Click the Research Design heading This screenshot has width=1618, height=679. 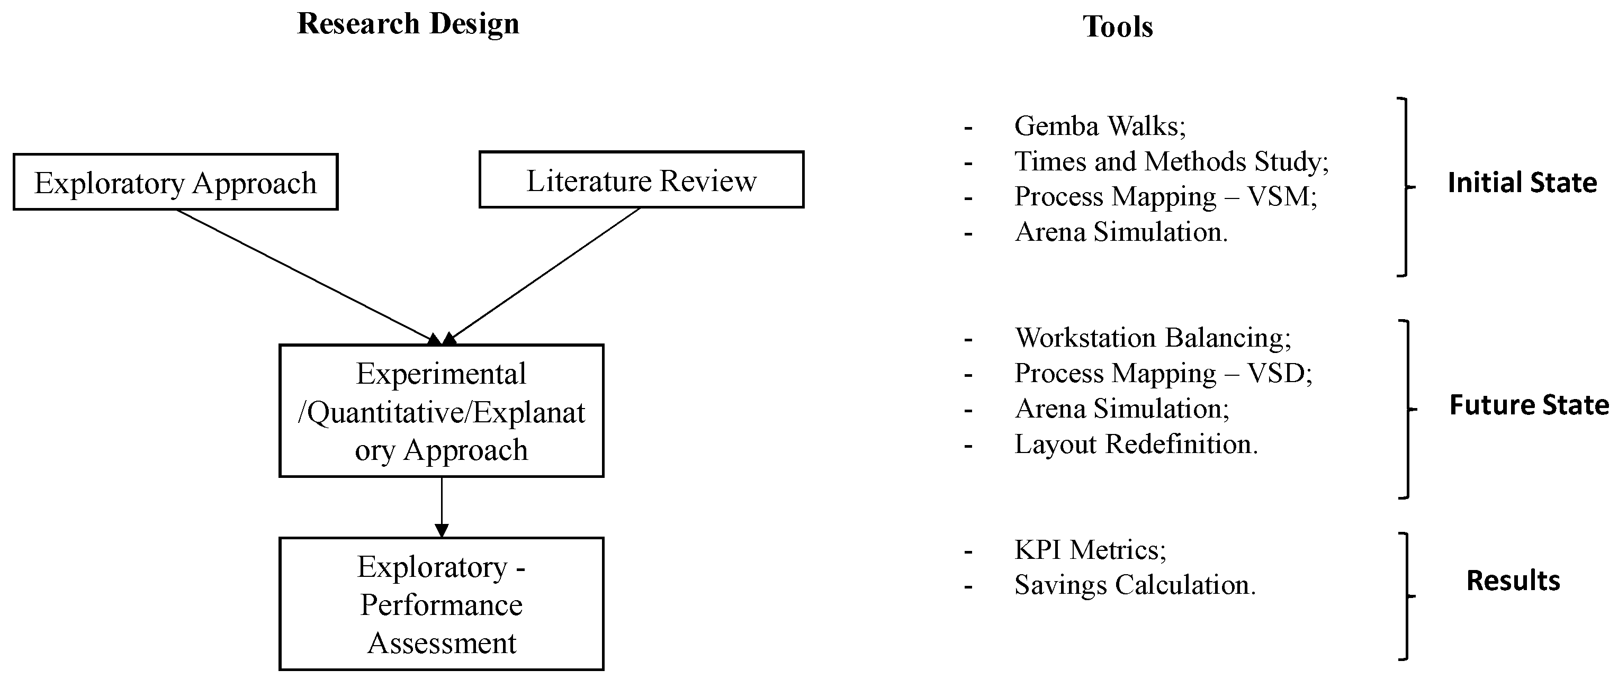pos(408,24)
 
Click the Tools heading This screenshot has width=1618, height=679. pos(1117,27)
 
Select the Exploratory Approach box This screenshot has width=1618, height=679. pos(175,183)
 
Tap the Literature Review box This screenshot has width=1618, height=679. pos(641,180)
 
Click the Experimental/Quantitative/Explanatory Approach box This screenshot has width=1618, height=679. pos(441,411)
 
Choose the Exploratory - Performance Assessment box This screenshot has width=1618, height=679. pos(441,604)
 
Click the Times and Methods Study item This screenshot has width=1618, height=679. pos(1171,161)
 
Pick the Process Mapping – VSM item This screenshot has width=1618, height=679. pos(1165,196)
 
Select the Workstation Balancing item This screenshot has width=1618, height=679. pos(1153,338)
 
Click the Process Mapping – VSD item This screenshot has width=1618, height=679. pos(1163,373)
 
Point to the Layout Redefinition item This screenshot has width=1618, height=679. pos(1136,444)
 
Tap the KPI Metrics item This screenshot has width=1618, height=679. pos(1090,550)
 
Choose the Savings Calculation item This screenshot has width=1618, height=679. pos(1135,585)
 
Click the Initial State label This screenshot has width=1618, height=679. pos(1521,183)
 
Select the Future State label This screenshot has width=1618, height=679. pos(1528,405)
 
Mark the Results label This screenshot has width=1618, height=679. pos(1513,581)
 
